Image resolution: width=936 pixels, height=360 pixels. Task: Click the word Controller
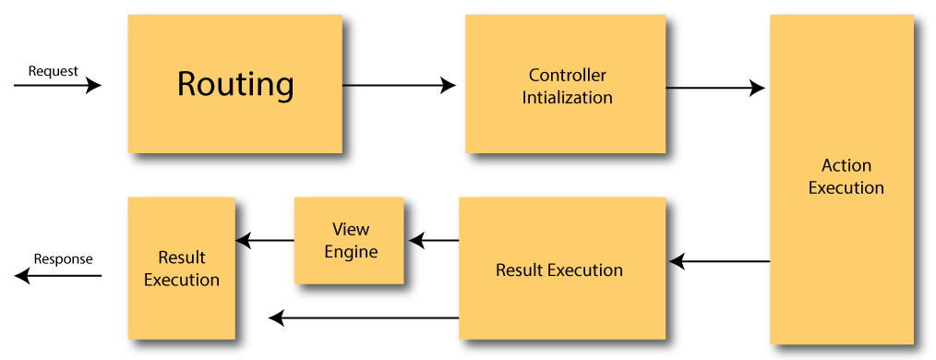567,75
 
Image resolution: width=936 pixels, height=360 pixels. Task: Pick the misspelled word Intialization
567,97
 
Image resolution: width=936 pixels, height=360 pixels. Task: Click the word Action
846,165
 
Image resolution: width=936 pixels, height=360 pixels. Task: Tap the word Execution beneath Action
846,187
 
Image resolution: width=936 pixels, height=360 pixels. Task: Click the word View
351,229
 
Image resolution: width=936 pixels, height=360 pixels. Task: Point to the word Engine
351,251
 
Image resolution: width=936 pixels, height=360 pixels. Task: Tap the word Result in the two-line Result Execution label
182,258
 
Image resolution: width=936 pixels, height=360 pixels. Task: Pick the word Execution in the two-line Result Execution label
182,280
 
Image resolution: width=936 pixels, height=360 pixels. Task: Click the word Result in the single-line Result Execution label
520,270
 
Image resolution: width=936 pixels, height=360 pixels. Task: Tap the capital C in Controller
534,75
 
